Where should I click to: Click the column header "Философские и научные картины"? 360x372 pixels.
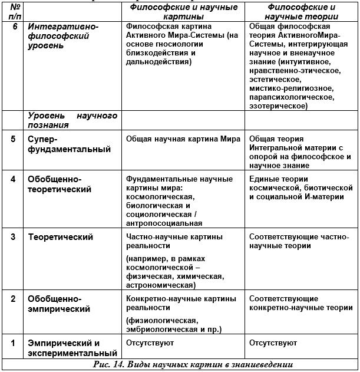[183, 12]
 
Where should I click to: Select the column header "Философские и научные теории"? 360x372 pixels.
[301, 12]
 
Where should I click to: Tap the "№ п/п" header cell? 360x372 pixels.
[13, 12]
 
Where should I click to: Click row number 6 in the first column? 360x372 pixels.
[13, 27]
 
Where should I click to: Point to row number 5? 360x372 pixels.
[13, 139]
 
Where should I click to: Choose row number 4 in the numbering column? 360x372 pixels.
[13, 179]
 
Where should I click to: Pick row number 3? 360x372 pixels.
[13, 237]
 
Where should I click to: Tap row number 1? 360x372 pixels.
[13, 343]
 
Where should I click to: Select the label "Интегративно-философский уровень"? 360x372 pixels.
[63, 36]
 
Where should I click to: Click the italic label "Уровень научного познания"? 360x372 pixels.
[72, 120]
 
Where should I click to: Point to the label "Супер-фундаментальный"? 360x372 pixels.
[69, 144]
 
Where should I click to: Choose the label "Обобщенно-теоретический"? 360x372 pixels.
[60, 184]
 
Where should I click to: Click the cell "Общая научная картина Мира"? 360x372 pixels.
[183, 139]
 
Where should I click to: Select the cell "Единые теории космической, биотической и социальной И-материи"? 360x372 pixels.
[300, 187]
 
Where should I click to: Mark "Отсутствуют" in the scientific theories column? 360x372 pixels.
[273, 343]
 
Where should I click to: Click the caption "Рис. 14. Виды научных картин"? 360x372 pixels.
[193, 364]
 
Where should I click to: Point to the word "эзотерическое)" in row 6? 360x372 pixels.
[278, 106]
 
